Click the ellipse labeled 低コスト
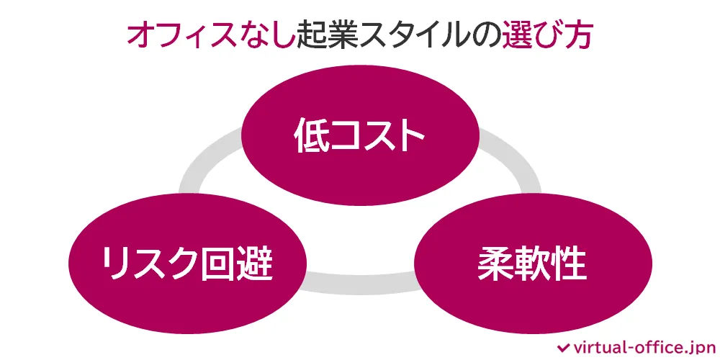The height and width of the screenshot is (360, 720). pyautogui.click(x=360, y=137)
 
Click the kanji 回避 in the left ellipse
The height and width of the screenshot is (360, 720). pyautogui.click(x=235, y=264)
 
